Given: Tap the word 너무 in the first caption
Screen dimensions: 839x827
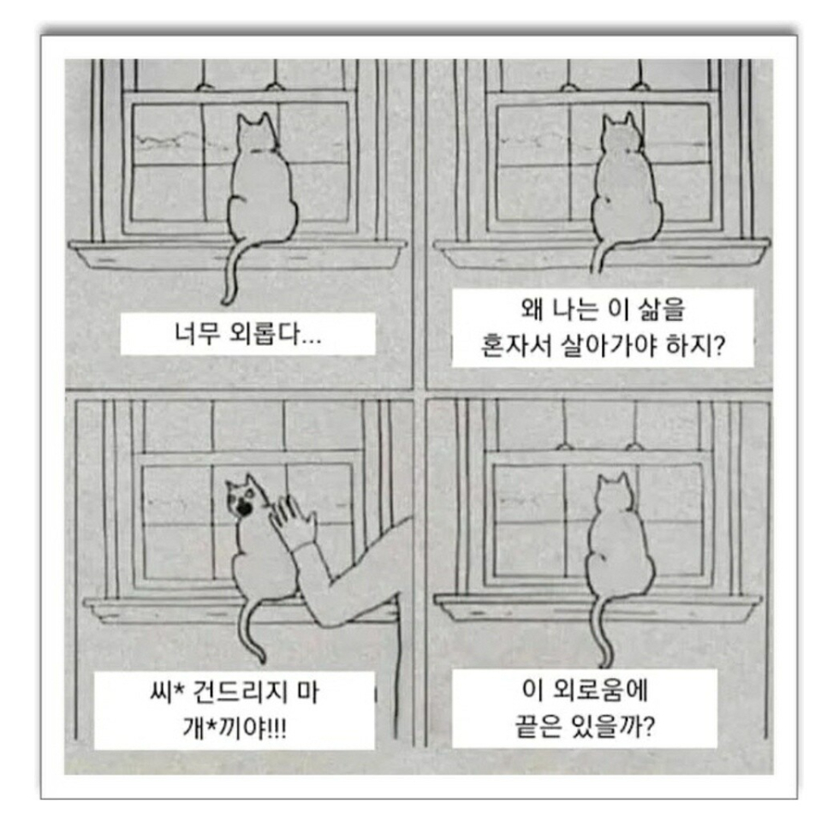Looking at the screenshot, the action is pyautogui.click(x=196, y=334).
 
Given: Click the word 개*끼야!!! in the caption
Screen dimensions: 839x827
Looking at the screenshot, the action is pyautogui.click(x=235, y=728).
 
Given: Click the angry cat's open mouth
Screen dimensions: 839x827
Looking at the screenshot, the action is pyautogui.click(x=243, y=508).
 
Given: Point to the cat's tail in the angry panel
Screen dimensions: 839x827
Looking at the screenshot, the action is pyautogui.click(x=253, y=630).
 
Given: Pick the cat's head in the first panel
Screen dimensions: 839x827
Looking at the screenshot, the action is pyautogui.click(x=258, y=133).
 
